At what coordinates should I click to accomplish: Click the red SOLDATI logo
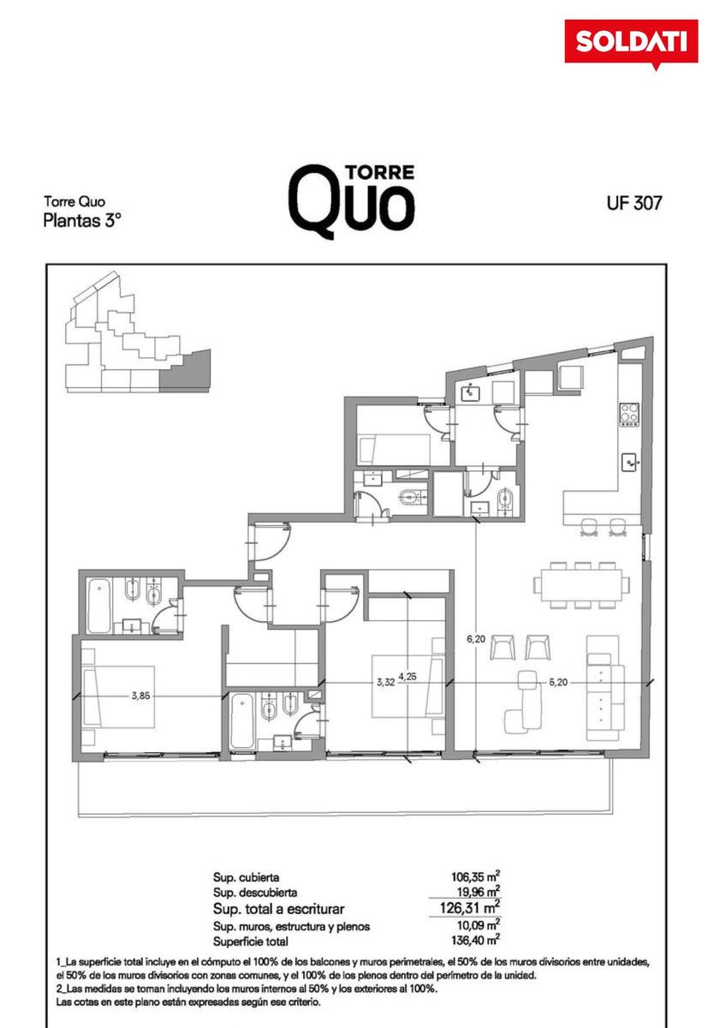pos(631,42)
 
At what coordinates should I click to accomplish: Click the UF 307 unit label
pos(634,202)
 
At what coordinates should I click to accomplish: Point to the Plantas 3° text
pos(82,221)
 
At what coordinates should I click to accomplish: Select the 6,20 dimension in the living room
pos(476,638)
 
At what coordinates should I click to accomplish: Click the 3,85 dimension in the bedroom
pos(140,696)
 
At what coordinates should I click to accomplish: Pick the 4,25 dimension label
pos(408,676)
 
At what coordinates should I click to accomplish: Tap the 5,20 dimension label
pos(558,682)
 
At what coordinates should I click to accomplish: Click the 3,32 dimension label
pos(386,682)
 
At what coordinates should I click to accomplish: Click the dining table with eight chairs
pos(581,585)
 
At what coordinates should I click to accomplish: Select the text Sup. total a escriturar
pos(279,909)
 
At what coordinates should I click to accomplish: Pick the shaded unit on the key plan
pos(185,372)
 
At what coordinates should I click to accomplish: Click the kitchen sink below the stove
pos(630,462)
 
